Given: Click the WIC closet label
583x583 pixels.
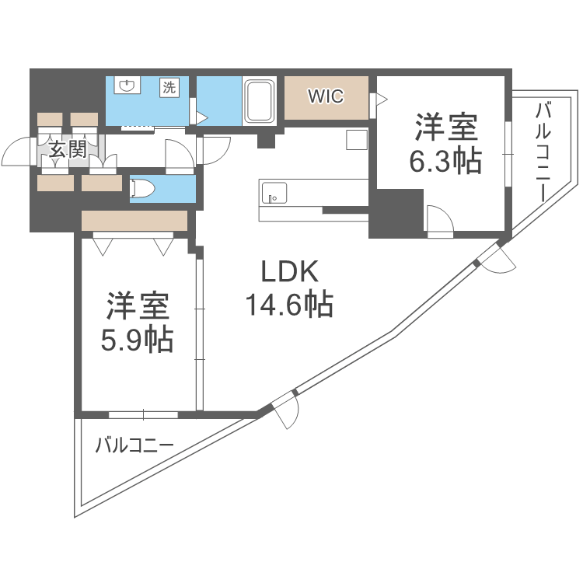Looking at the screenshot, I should pyautogui.click(x=326, y=97).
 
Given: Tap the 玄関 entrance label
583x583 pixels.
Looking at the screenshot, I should pyautogui.click(x=68, y=150).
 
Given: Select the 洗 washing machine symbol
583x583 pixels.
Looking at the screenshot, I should pyautogui.click(x=169, y=88).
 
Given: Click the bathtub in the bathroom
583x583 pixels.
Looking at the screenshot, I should pyautogui.click(x=258, y=101).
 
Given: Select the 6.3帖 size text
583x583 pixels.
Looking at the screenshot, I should pyautogui.click(x=445, y=161).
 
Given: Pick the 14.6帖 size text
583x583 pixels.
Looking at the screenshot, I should pyautogui.click(x=289, y=304).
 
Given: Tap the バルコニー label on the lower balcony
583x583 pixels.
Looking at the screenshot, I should pyautogui.click(x=134, y=446).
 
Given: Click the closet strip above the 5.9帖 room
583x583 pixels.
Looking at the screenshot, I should pyautogui.click(x=134, y=221).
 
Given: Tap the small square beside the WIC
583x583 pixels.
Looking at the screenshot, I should pyautogui.click(x=356, y=140).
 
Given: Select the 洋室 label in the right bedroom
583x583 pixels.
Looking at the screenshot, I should pyautogui.click(x=445, y=126).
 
